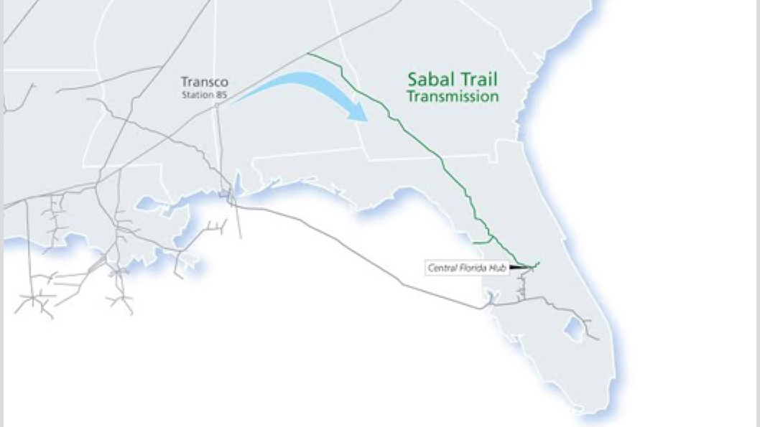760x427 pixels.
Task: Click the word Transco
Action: tap(205, 82)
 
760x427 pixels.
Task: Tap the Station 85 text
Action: tap(205, 95)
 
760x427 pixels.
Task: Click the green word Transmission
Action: tap(453, 96)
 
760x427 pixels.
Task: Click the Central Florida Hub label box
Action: tap(467, 268)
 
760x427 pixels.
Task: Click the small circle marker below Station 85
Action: tap(216, 105)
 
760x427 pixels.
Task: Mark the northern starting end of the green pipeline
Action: tap(308, 53)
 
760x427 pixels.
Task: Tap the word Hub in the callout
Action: tap(499, 268)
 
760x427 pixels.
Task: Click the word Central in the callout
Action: tap(440, 268)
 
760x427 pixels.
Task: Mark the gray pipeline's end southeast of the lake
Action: tap(598, 339)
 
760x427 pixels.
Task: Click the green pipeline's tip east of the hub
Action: tap(538, 262)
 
